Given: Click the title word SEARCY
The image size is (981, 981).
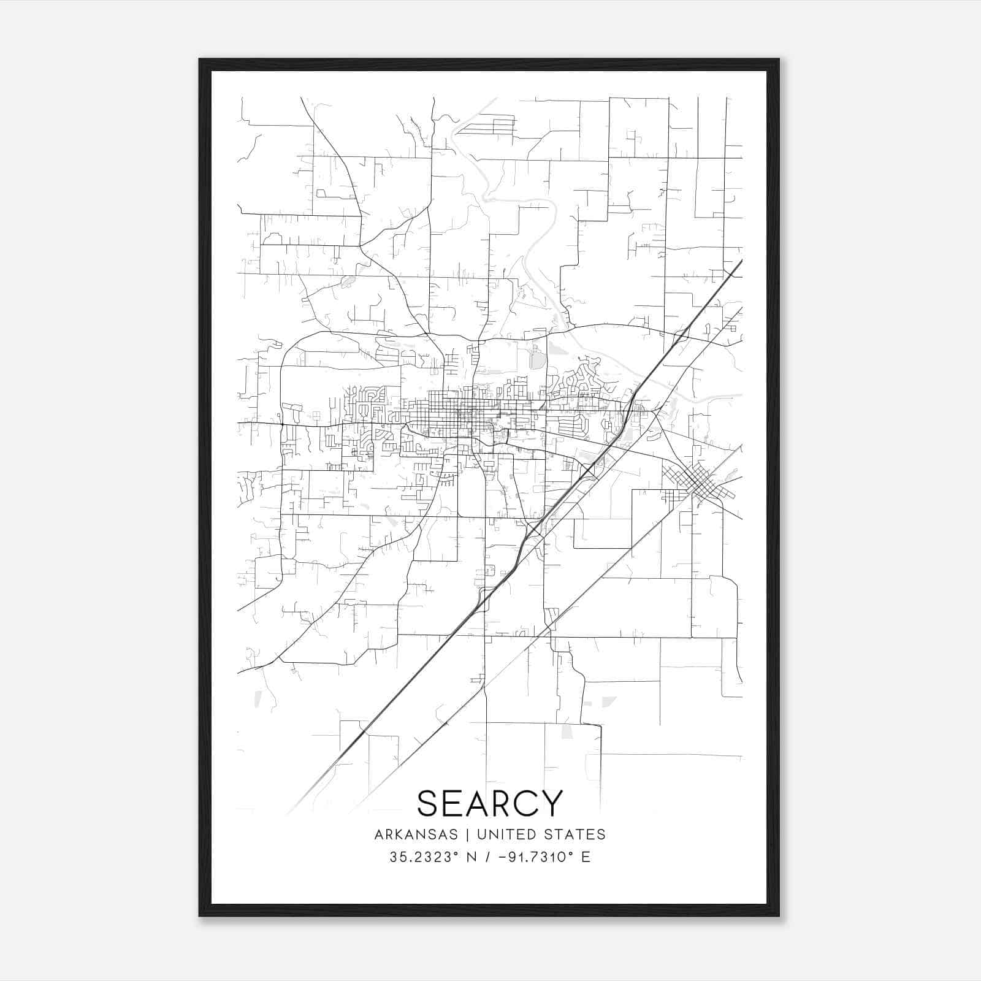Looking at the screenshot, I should coord(489,803).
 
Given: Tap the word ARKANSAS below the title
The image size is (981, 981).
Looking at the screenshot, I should coord(416,834).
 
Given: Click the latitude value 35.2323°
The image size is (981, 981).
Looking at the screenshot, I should coord(424,857).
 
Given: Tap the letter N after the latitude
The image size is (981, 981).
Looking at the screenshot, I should coord(471,857).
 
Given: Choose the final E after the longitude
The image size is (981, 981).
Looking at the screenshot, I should coord(586,857).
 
